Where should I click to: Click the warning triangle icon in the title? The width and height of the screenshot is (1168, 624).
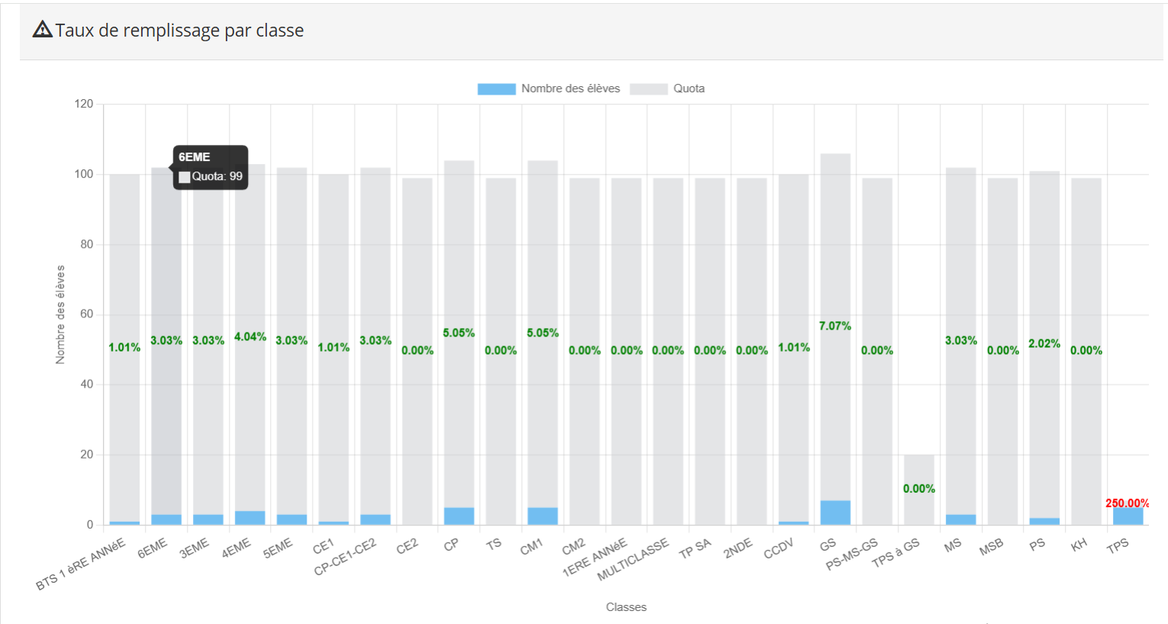coord(43,30)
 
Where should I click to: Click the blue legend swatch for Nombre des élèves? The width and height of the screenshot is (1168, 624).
coord(496,89)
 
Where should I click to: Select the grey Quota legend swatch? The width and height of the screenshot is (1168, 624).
coord(648,89)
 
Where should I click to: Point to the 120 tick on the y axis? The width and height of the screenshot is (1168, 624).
coord(84,104)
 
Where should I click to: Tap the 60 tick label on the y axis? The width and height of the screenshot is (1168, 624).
coord(85,314)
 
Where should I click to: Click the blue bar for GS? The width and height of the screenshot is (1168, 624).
coord(835,513)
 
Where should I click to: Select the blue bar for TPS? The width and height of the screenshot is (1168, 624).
coord(1128,516)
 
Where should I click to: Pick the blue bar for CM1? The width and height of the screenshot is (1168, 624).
coord(542,516)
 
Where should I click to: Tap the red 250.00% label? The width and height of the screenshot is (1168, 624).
coord(1127,503)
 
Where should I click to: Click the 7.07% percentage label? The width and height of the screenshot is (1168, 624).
coord(835,326)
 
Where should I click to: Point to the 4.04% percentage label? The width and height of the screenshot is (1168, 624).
coord(250,336)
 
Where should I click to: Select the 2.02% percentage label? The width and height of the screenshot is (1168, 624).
coord(1044,343)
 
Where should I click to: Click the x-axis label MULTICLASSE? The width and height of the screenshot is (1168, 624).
coord(633,559)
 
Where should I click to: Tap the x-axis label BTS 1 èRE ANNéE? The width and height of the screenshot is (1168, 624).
coord(81,564)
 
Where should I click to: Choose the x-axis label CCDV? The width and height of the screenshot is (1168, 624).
coord(779,548)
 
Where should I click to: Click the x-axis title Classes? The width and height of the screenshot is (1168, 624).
coord(626,607)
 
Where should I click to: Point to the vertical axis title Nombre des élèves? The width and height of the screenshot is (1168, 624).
coord(60,314)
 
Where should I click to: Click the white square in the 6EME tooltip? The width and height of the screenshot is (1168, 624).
coord(184,177)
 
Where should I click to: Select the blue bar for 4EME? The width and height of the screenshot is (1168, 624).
coord(250,518)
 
